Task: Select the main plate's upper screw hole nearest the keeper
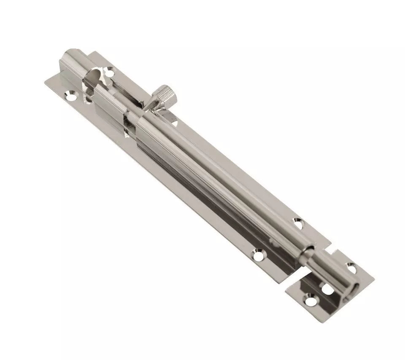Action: pos(299,224)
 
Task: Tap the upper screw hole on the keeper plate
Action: pos(351,266)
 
